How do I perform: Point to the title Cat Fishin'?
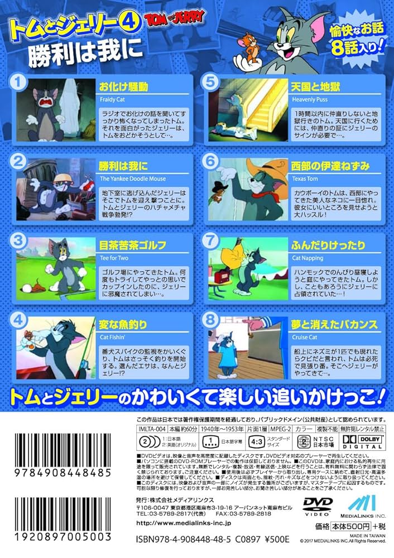click(112, 336)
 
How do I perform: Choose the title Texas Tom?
click(304, 179)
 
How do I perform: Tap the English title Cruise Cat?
click(305, 336)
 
